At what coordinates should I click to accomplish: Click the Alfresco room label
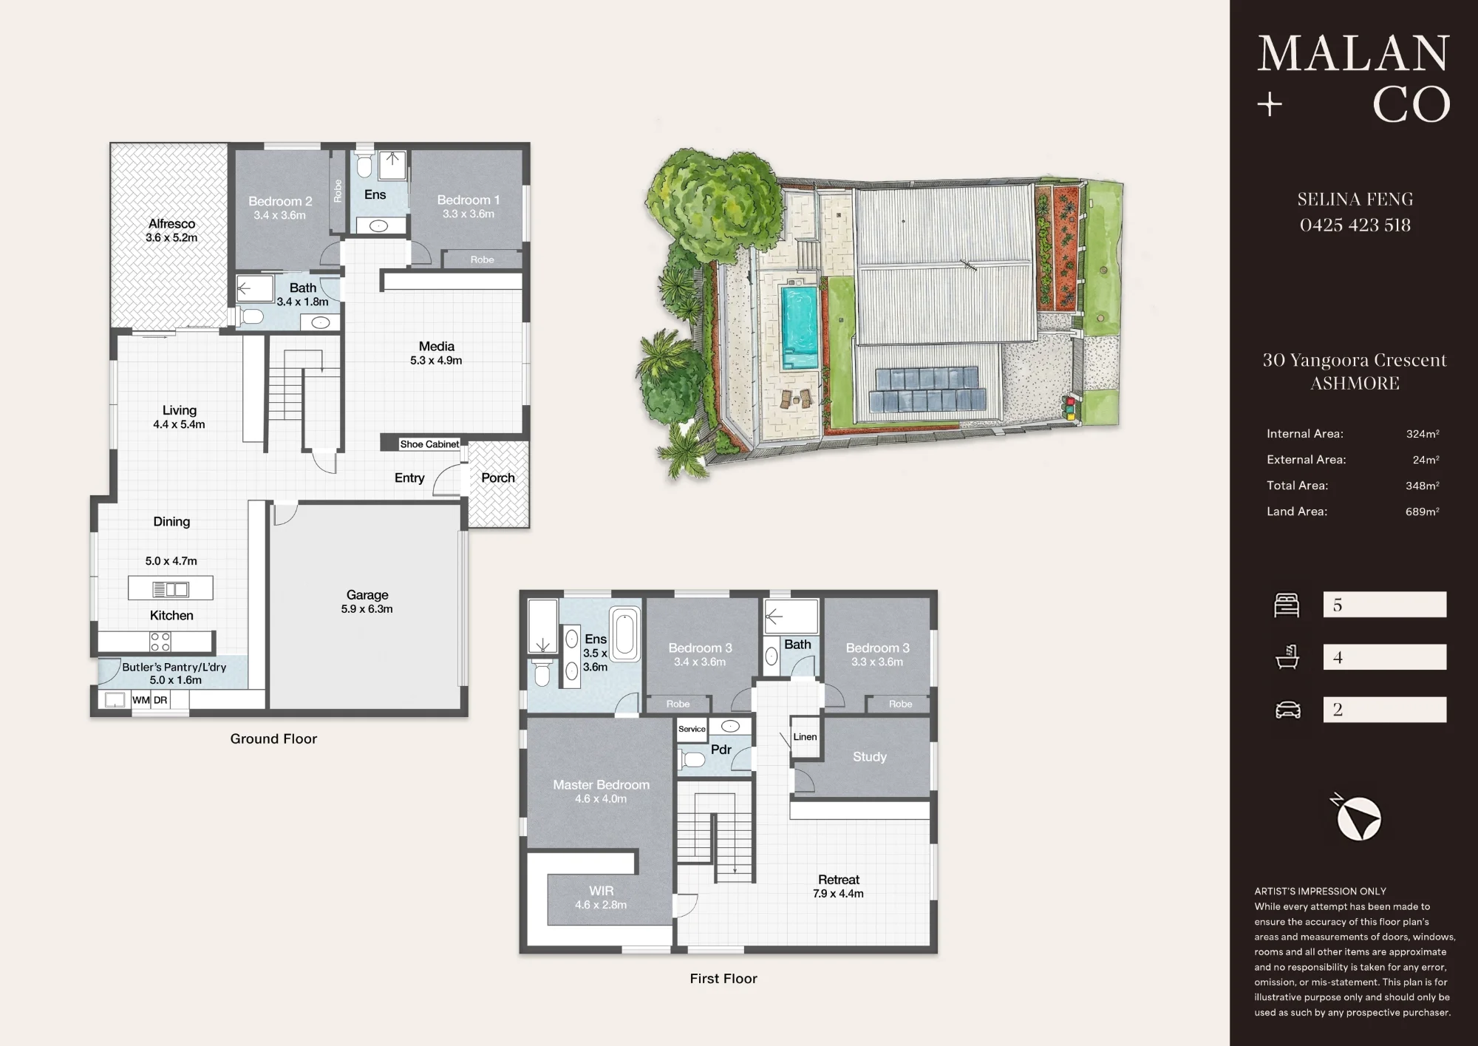(171, 223)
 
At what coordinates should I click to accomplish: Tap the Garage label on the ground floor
(367, 594)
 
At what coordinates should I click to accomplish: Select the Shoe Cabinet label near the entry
(429, 444)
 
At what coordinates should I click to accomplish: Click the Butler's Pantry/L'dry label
(174, 667)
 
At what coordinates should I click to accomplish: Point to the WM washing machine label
(140, 700)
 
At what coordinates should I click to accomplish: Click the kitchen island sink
(171, 589)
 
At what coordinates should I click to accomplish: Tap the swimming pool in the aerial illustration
(800, 327)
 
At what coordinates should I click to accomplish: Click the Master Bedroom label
(602, 784)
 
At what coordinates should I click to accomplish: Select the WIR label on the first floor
(602, 891)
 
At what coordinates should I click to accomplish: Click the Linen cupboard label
(805, 737)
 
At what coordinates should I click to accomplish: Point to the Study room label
(870, 756)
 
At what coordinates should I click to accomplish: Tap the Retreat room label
(839, 880)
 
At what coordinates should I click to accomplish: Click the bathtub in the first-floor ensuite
(625, 634)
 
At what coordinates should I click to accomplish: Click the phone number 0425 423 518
(1355, 225)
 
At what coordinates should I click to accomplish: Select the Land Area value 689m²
(1423, 512)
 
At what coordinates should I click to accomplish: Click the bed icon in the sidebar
(1287, 605)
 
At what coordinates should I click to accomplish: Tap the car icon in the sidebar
(1288, 710)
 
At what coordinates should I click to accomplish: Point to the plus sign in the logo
(1270, 105)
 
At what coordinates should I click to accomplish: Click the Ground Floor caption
(273, 738)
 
